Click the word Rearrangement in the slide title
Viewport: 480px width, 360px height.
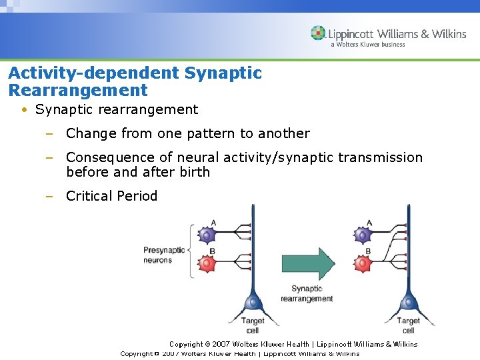pos(78,90)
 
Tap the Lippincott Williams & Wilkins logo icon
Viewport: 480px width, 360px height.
pos(318,33)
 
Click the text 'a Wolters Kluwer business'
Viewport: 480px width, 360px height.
pos(367,45)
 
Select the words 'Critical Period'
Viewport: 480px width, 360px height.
pos(111,196)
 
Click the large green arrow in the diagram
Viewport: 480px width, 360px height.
pos(307,265)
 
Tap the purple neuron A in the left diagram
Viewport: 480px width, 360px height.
pos(207,235)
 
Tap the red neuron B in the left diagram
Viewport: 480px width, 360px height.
pos(207,264)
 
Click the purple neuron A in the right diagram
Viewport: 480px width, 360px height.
pos(363,235)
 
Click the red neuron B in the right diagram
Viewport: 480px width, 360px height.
pos(363,264)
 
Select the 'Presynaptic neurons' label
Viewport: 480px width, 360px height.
pos(163,255)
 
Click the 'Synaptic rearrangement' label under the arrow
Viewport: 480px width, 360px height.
pos(307,294)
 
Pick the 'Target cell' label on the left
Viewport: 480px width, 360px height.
pos(253,325)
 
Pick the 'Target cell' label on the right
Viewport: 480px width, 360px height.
pos(408,325)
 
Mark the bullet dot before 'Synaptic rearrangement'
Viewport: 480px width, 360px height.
pos(23,110)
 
